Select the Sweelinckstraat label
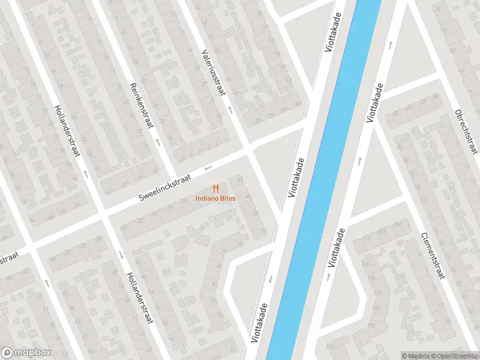[x=164, y=188]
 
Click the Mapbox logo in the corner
[x=26, y=353]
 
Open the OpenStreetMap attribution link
[x=455, y=355]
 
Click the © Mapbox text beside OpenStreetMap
[x=415, y=355]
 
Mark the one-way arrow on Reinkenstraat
[x=158, y=143]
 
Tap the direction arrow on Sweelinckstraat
[x=208, y=167]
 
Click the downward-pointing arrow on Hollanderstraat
[x=122, y=254]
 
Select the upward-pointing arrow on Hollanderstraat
[x=86, y=174]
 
